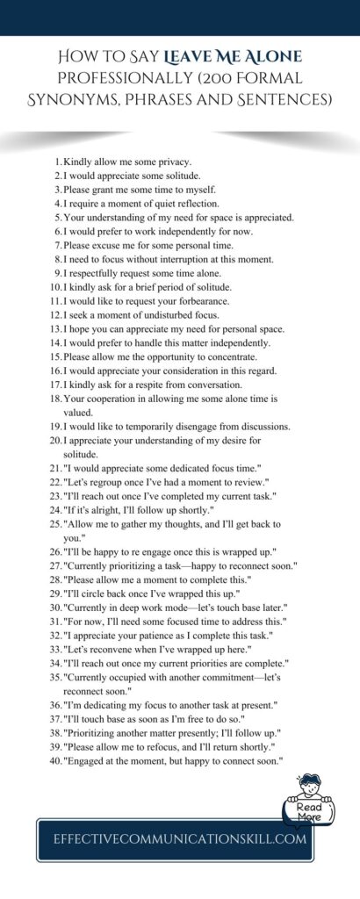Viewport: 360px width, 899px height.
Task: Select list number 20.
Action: tap(55, 440)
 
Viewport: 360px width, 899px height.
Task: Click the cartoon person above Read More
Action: tap(306, 783)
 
